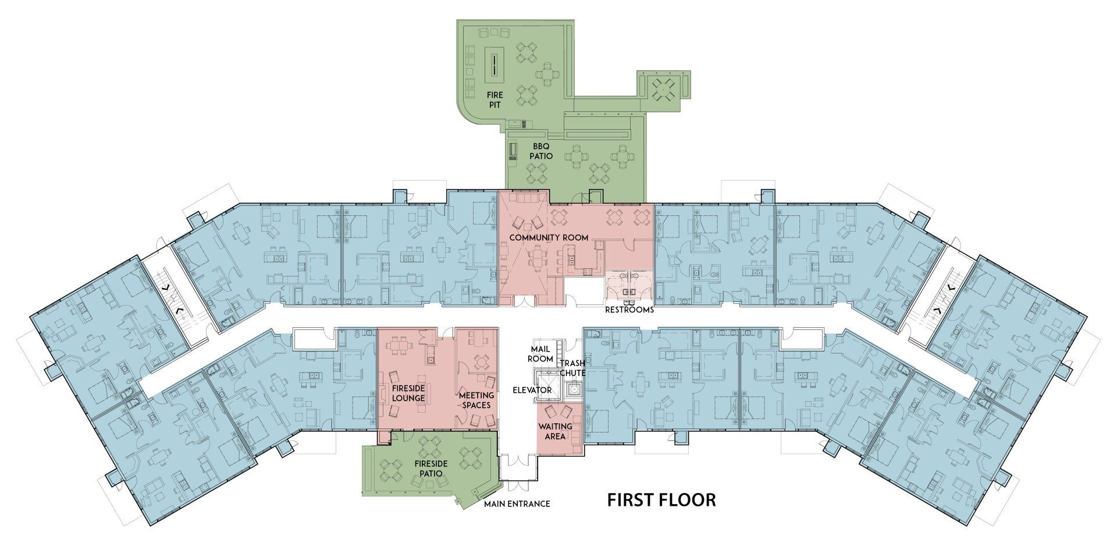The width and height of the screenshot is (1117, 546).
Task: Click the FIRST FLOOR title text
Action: pyautogui.click(x=661, y=499)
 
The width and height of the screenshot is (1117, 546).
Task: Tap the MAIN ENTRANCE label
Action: pyautogui.click(x=517, y=504)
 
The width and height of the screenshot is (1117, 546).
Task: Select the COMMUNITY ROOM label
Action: pyautogui.click(x=549, y=237)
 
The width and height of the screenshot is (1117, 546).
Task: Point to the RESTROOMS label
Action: pyautogui.click(x=629, y=310)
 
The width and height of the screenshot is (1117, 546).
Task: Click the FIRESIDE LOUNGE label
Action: pyautogui.click(x=408, y=393)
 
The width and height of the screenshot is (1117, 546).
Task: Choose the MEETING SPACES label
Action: pyautogui.click(x=476, y=400)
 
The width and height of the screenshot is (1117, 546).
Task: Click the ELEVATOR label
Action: pyautogui.click(x=532, y=389)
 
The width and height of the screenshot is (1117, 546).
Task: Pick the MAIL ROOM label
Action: pyautogui.click(x=541, y=354)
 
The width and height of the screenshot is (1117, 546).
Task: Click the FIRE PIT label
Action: pyautogui.click(x=495, y=99)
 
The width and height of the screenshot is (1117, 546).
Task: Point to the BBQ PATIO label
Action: pyautogui.click(x=541, y=151)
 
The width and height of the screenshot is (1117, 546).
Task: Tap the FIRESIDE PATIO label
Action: pyautogui.click(x=431, y=469)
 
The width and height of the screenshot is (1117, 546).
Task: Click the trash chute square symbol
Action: pyautogui.click(x=574, y=389)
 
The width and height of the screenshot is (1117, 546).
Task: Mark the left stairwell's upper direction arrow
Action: pyautogui.click(x=165, y=287)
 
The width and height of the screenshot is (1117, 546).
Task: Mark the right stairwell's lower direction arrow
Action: pyautogui.click(x=937, y=310)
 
